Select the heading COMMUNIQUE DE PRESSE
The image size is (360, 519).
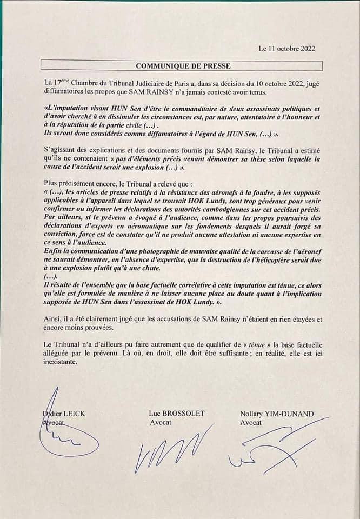[182, 66]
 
